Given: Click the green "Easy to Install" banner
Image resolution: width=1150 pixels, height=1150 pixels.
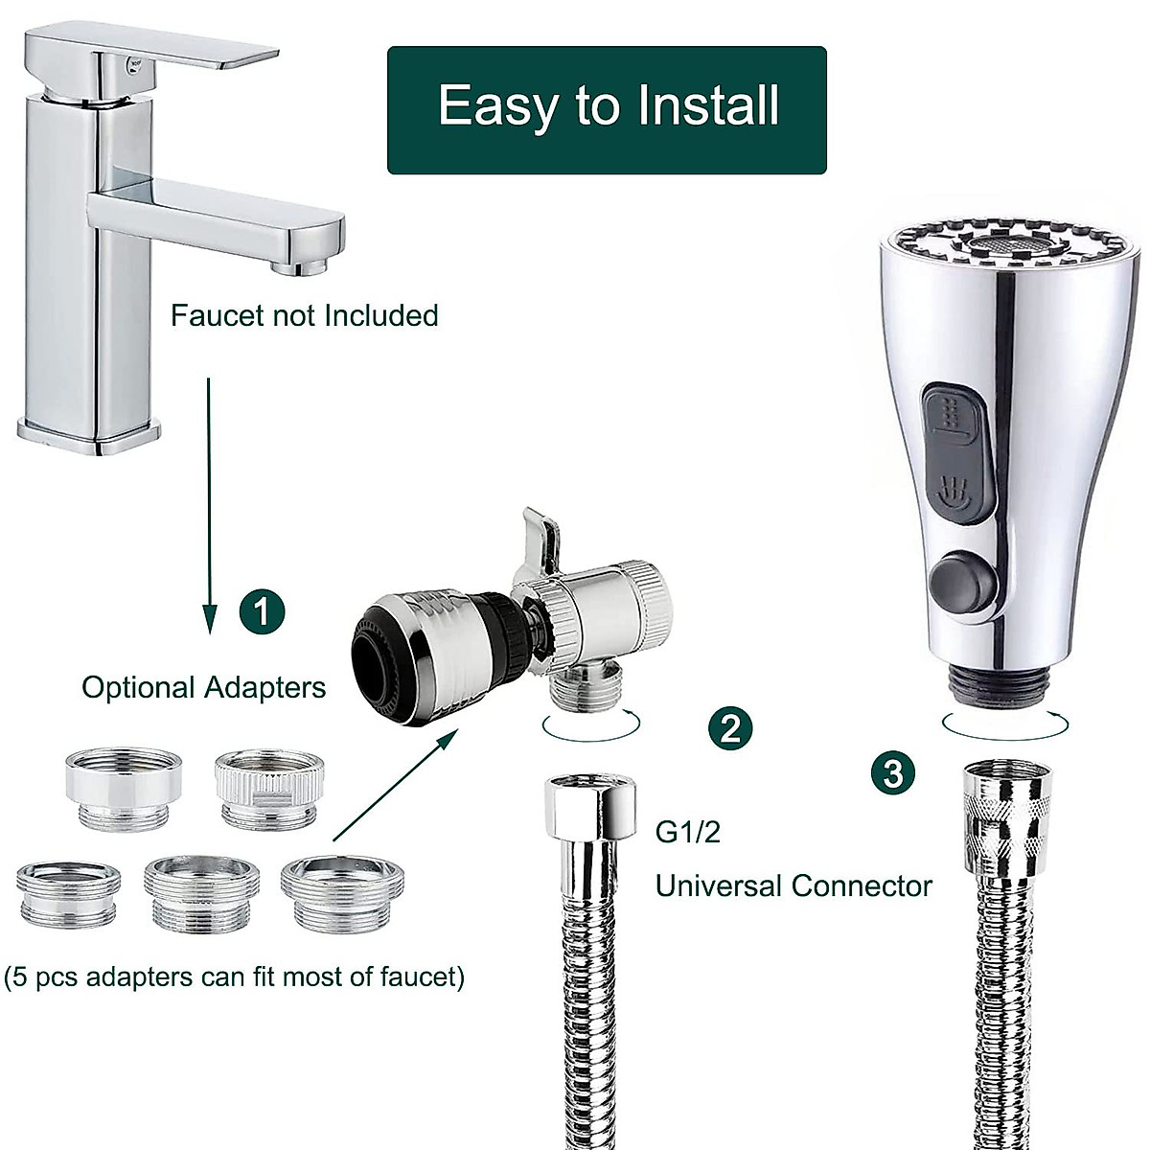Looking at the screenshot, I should pyautogui.click(x=607, y=109).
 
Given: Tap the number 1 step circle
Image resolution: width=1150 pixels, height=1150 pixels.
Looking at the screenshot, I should pyautogui.click(x=262, y=610).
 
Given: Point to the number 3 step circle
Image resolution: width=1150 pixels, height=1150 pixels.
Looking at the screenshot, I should pyautogui.click(x=893, y=771).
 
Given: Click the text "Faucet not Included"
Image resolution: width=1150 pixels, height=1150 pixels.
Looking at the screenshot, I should pyautogui.click(x=304, y=315).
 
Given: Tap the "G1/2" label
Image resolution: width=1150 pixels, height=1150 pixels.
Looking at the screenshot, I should pyautogui.click(x=687, y=831).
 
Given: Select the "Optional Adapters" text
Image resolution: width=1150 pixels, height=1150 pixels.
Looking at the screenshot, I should pyautogui.click(x=203, y=687).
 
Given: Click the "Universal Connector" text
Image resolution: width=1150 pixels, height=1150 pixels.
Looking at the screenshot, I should pyautogui.click(x=793, y=885).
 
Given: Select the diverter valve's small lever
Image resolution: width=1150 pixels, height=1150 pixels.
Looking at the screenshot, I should pyautogui.click(x=540, y=537).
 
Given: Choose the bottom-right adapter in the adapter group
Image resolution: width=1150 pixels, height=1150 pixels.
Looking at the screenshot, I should pyautogui.click(x=342, y=891).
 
